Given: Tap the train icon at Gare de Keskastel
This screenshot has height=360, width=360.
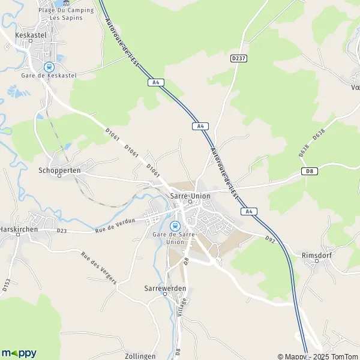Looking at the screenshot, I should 47,67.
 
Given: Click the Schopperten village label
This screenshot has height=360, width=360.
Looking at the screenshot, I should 59,170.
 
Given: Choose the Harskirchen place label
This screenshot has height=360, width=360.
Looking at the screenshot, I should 19,213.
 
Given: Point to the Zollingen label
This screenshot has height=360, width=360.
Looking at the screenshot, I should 140,356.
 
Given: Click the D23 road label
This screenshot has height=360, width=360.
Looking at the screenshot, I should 62,230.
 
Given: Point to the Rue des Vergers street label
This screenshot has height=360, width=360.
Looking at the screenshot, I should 99,268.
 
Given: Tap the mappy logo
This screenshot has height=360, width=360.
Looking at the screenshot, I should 19,353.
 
